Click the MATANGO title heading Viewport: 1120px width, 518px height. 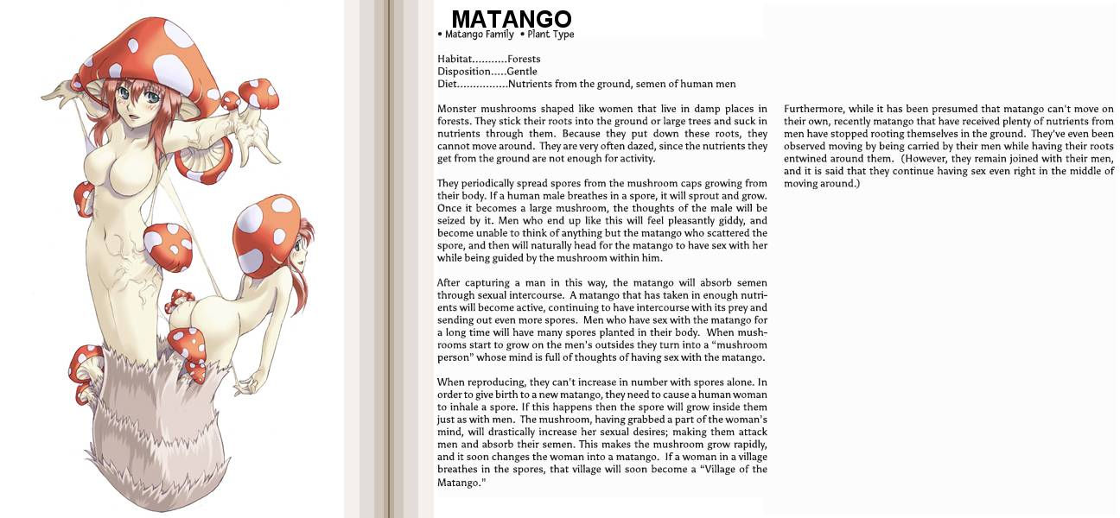coord(511,19)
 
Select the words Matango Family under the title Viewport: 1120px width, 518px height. coord(479,35)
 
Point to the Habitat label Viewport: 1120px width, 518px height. coord(454,59)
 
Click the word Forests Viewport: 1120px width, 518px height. coord(524,59)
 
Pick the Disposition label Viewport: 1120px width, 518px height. coord(464,72)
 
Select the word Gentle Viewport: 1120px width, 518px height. coord(522,72)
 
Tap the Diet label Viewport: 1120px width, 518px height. coord(449,84)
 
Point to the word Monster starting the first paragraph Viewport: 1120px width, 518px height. coord(458,109)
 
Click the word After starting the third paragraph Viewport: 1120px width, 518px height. coord(449,283)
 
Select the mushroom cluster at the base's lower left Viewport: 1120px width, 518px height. coord(85,371)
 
